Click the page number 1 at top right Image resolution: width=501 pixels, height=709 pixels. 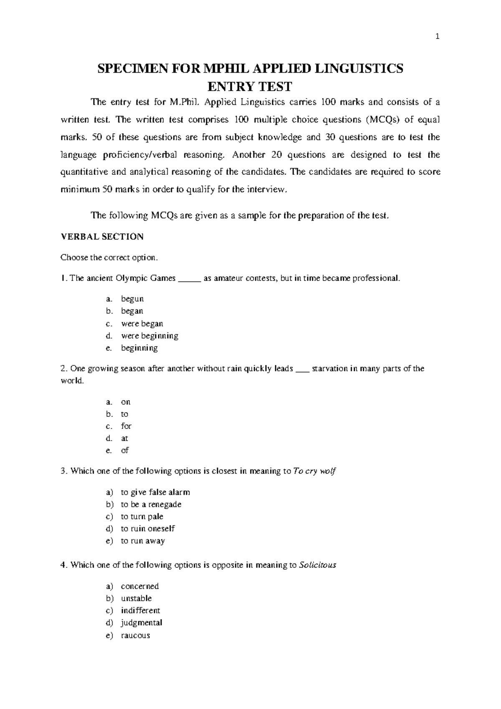pos(437,37)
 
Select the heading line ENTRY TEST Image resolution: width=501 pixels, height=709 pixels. pos(250,87)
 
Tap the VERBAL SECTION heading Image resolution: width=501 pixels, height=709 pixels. pos(102,237)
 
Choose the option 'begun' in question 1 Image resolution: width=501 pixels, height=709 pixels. pos(132,299)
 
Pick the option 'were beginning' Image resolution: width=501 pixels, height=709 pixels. pos(149,336)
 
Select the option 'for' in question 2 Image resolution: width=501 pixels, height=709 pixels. pos(126,426)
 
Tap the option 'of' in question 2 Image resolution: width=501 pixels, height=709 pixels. pos(125,450)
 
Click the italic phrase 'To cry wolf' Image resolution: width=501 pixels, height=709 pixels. pos(314,471)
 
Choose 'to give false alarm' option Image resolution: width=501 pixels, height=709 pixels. pos(155,492)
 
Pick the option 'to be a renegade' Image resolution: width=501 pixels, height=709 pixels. pos(151,504)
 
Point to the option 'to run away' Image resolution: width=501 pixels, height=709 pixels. pos(143,541)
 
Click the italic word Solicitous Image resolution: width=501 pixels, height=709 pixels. pos(318,565)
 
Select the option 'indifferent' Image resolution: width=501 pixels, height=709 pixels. pos(140,610)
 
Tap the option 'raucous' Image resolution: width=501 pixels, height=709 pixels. pos(135,635)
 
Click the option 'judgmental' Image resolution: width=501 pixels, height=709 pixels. pos(142,622)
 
